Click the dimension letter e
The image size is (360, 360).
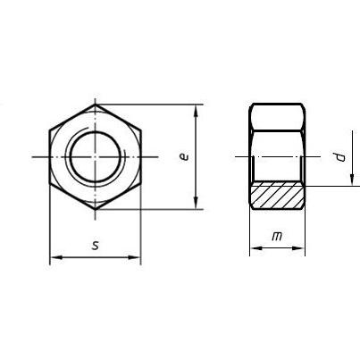185,156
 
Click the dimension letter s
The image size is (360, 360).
96,246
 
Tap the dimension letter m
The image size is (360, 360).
277,237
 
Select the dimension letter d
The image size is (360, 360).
340,157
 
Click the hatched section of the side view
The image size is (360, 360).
277,195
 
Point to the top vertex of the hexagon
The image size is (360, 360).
96,105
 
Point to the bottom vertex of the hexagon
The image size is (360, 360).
96,209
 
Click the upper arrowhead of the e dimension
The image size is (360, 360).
196,110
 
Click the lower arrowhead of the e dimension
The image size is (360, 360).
196,204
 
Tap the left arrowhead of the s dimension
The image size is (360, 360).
56,257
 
